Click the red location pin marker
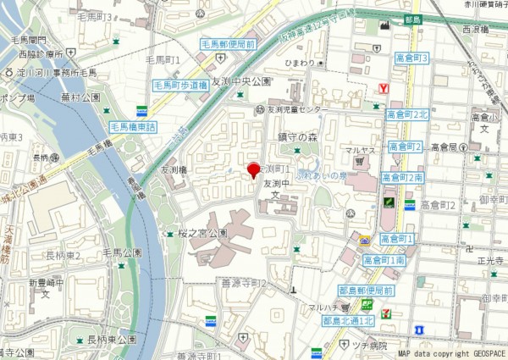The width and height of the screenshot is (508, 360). pos(251,169)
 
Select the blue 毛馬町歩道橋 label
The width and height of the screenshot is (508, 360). pos(180,86)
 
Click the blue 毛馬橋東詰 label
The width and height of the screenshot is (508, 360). pos(133,127)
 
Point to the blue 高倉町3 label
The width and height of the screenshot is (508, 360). pos(411,58)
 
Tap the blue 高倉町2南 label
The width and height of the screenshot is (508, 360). pos(402,178)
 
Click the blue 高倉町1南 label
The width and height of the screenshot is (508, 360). pos(384,260)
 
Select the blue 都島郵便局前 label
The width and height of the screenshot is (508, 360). pos(364,291)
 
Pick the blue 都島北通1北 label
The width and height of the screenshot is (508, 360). pos(348,321)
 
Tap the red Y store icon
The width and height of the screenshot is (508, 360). pos(384,87)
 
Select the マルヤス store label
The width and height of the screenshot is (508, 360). pos(359,151)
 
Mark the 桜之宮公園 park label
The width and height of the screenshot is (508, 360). pos(202,233)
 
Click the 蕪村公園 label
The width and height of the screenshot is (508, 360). pos(76,97)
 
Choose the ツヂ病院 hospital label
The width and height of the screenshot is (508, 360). pos(370,346)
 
